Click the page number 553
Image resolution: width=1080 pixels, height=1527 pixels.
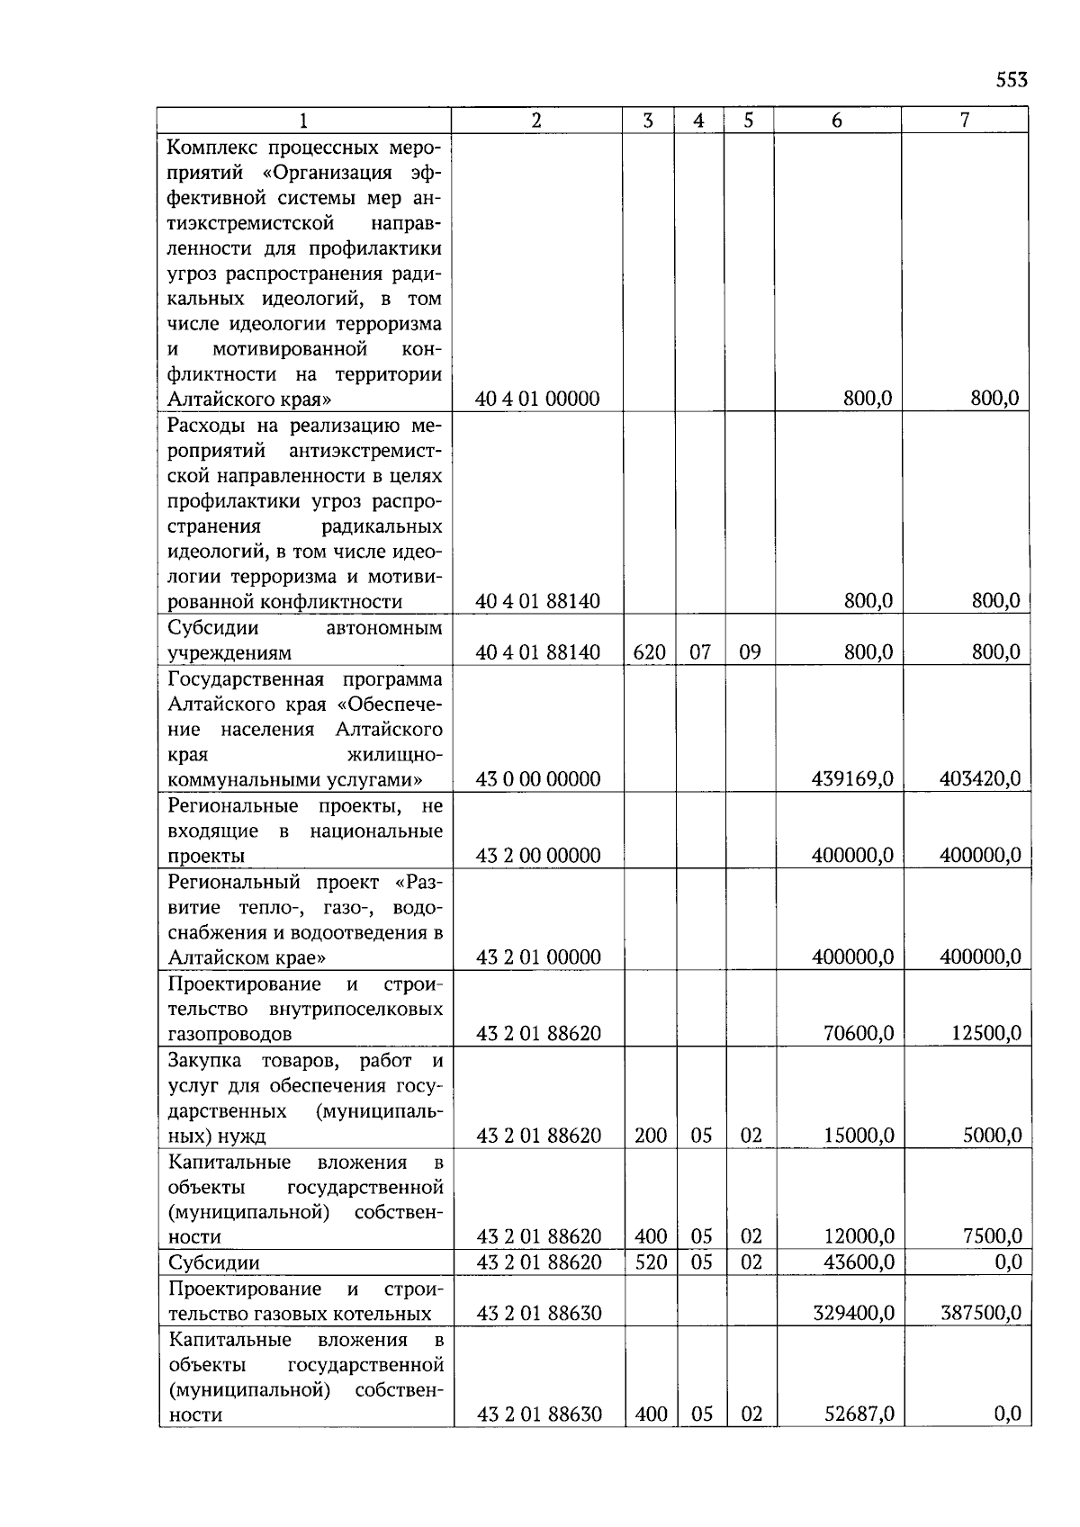tap(1011, 80)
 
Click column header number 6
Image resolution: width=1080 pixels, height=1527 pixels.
tap(837, 121)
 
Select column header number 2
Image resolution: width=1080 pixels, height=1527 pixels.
tap(536, 121)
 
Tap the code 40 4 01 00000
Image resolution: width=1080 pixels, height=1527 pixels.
tap(537, 399)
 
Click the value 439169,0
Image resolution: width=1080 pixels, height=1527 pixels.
tap(852, 779)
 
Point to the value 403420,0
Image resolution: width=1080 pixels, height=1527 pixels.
tap(980, 779)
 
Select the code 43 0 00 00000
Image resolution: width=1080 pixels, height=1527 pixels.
tap(538, 779)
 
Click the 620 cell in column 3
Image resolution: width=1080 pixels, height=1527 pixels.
tap(649, 652)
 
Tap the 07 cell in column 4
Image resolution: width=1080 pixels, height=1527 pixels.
tap(700, 652)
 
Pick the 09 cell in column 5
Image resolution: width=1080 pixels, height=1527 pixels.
tap(750, 652)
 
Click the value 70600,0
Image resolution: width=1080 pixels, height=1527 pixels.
tap(859, 1034)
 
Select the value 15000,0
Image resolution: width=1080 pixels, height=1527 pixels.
tap(859, 1136)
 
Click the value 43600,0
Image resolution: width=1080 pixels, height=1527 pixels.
tap(859, 1262)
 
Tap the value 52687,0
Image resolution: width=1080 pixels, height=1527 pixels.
tap(859, 1415)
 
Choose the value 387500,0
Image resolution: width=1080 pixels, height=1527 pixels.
tap(981, 1314)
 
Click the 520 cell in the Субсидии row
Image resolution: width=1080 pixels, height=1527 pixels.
tap(651, 1262)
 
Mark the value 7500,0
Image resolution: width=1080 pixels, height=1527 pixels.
tap(992, 1237)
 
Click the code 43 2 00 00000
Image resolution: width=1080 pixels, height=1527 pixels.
tap(538, 856)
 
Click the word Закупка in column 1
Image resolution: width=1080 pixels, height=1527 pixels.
tap(205, 1061)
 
